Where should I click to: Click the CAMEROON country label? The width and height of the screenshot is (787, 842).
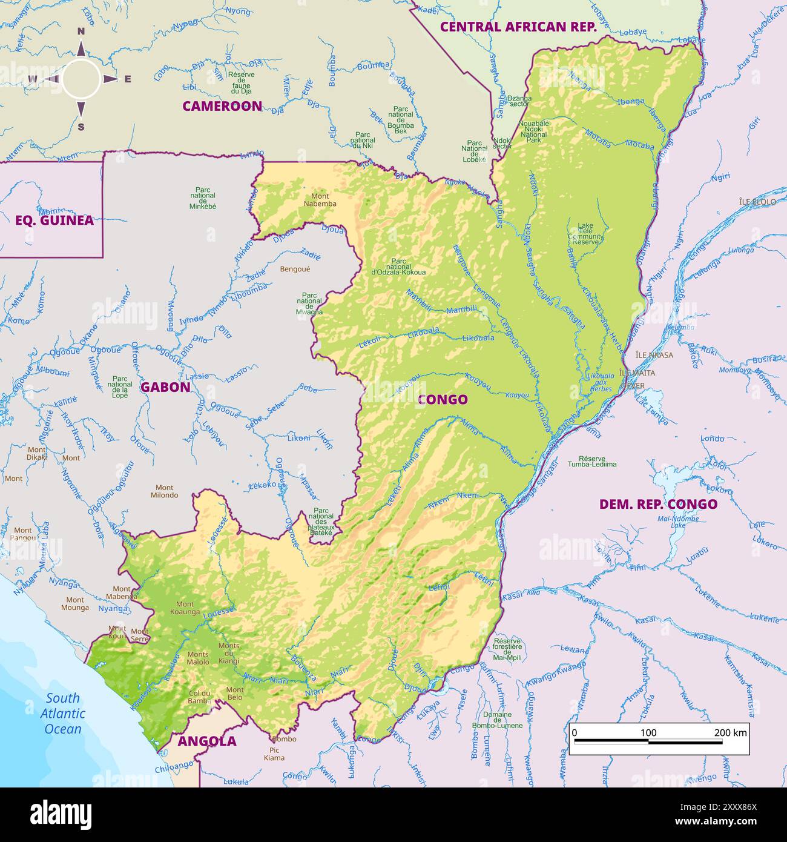[x=222, y=106]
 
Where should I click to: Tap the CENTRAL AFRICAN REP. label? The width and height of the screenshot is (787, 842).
[x=518, y=27]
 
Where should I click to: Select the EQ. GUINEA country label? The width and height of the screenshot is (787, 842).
[x=54, y=220]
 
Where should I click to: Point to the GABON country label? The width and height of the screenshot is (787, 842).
[x=165, y=387]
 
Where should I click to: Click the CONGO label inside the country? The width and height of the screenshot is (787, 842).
[x=443, y=399]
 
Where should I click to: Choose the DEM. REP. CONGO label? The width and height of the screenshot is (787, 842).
[x=658, y=504]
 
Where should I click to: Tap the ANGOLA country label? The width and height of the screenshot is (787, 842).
[x=206, y=741]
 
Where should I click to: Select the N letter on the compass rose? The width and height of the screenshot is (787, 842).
[x=81, y=32]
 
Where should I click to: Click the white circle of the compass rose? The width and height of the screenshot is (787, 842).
[x=81, y=79]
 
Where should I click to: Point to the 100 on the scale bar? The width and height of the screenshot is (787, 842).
[x=648, y=732]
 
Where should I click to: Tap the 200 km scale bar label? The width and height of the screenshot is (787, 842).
[x=731, y=732]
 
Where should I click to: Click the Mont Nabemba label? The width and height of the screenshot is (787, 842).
[x=320, y=200]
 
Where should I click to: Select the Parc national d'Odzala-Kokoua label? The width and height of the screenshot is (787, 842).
[x=398, y=267]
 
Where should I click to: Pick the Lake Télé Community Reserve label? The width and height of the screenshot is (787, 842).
[x=585, y=234]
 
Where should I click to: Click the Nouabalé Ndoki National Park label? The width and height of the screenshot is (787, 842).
[x=534, y=131]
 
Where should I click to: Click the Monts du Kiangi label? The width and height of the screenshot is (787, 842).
[x=229, y=653]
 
